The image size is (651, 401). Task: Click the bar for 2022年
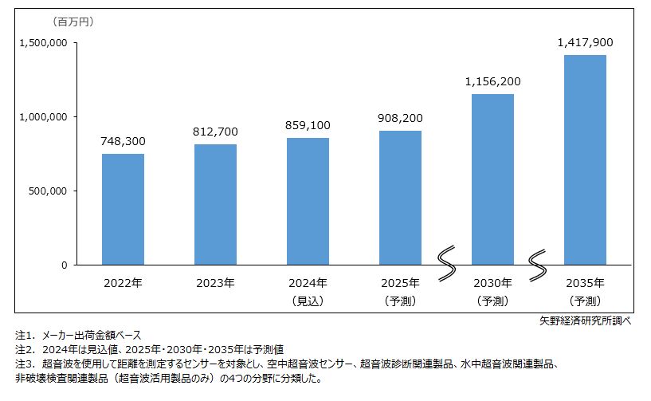click(x=123, y=209)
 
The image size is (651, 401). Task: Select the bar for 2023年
click(x=215, y=204)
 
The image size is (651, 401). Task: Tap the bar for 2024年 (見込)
click(x=308, y=201)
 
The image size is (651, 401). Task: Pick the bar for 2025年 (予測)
click(x=400, y=197)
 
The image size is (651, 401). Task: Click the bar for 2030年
click(x=492, y=179)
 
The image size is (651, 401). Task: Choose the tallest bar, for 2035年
click(x=585, y=159)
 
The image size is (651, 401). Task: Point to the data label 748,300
click(x=123, y=141)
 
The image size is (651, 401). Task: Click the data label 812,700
click(x=215, y=132)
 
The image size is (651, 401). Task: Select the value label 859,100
click(x=308, y=125)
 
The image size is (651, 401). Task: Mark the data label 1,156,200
click(x=492, y=81)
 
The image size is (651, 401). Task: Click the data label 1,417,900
click(x=585, y=42)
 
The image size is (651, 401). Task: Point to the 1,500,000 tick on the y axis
click(x=41, y=43)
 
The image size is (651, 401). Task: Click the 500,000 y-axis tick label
click(x=47, y=191)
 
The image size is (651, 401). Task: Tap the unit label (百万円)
click(x=73, y=22)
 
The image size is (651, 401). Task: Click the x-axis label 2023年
click(x=215, y=283)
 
